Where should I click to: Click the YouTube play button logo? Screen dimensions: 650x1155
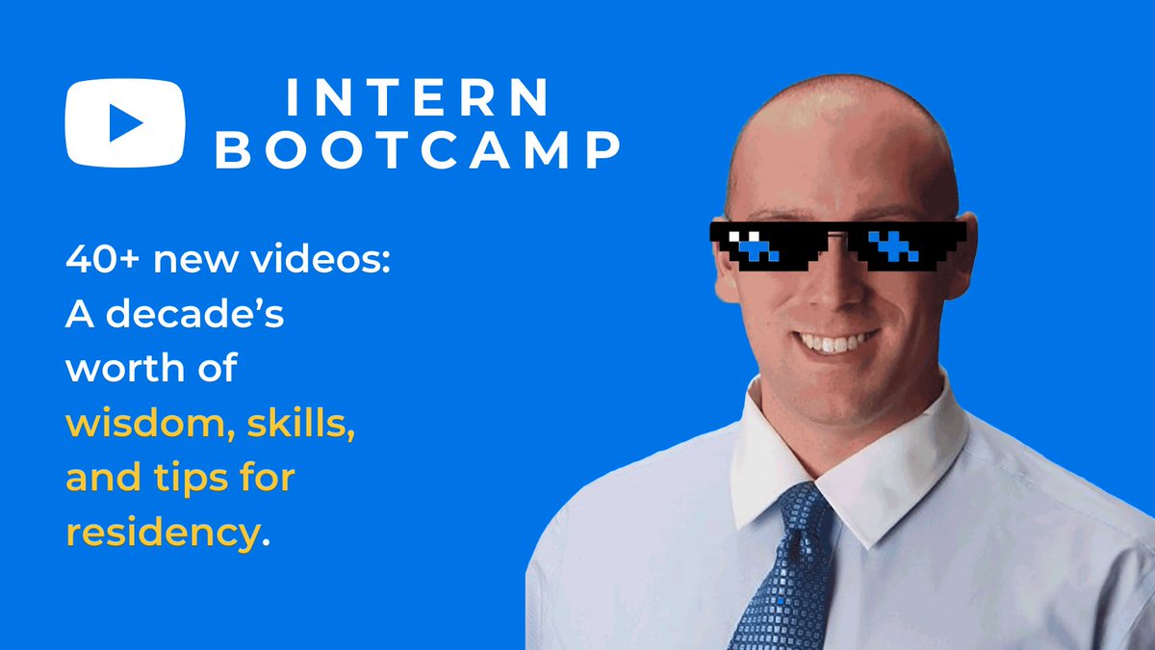(x=123, y=122)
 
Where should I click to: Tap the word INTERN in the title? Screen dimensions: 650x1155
(x=418, y=97)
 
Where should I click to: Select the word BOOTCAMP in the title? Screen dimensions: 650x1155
(x=418, y=151)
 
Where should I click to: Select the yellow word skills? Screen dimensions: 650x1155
(x=298, y=424)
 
